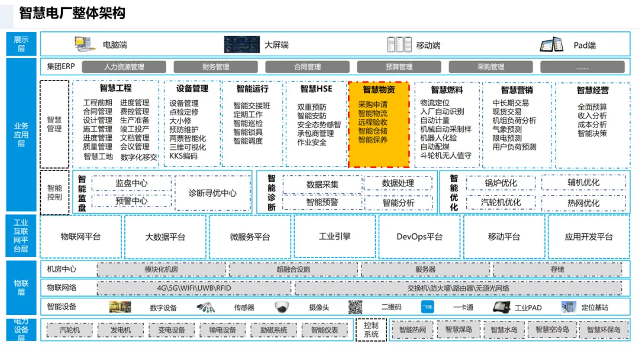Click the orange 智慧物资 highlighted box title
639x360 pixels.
379,89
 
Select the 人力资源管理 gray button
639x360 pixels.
124,67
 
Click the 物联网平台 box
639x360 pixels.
80,237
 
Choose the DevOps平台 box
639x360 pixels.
419,237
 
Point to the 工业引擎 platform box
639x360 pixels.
335,237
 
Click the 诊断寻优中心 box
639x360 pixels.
212,193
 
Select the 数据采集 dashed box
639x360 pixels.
322,184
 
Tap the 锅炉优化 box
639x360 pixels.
501,183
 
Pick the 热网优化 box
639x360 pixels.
583,203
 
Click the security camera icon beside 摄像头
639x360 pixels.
281,307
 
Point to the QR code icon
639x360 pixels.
355,307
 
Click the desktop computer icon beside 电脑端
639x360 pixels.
85,44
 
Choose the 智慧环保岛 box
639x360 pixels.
603,330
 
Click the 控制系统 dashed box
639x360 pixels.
371,330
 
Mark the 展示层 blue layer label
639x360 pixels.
21,44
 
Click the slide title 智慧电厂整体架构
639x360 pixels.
72,13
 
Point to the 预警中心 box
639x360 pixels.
131,201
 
